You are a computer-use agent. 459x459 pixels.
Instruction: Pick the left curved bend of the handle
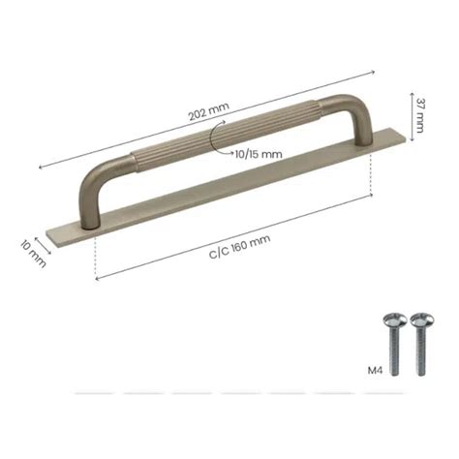(97, 180)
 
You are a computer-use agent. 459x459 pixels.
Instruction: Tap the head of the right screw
(418, 319)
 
